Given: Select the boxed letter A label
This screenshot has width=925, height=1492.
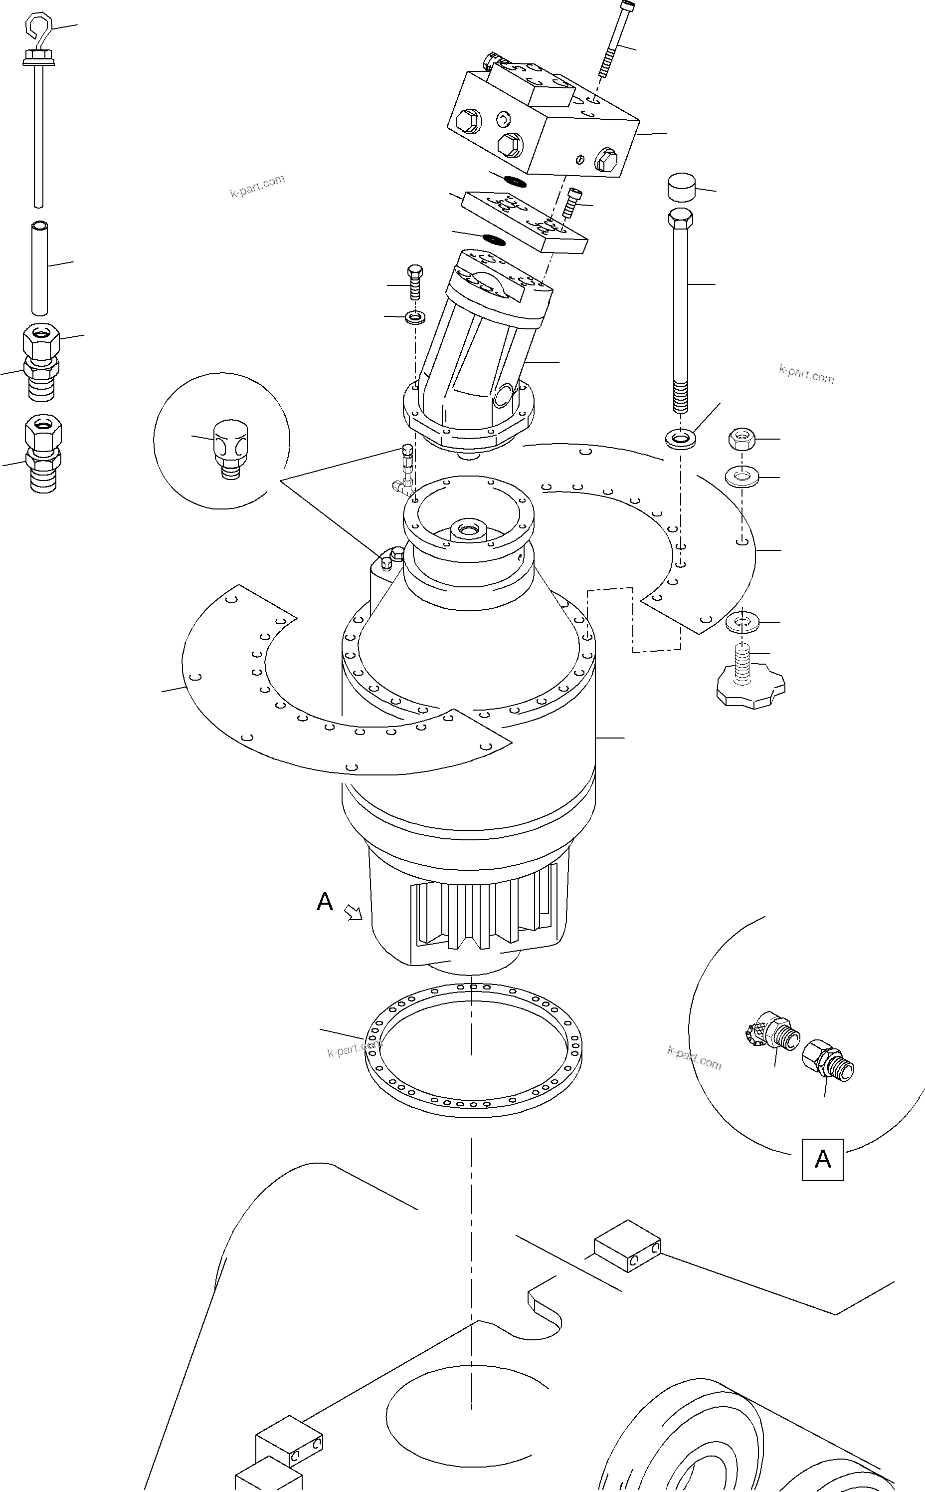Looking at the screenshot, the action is pos(822,1159).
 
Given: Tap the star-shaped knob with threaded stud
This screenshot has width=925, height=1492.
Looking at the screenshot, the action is pos(750,688).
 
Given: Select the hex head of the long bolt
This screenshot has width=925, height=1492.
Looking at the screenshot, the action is pos(681,218).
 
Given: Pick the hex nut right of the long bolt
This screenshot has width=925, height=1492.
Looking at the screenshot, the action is pos(742,439).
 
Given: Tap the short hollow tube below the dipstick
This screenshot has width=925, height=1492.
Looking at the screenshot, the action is pos(40,268).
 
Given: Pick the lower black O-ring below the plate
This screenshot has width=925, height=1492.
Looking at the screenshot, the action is pos(493,238).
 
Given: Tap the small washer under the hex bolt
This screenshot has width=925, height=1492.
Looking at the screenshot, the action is pos(416,318).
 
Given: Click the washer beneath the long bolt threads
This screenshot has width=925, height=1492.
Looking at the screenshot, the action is pos(680,438).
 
